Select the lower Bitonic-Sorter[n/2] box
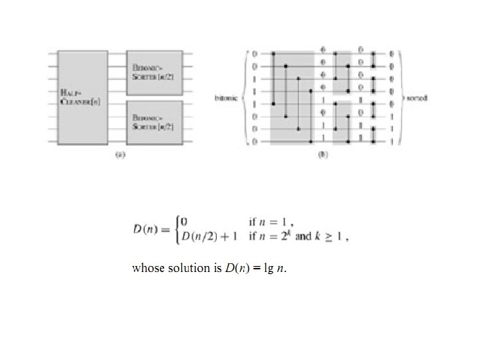coord(154,121)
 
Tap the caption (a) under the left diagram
coord(121,155)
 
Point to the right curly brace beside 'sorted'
coord(401,97)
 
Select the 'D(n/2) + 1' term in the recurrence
coord(211,237)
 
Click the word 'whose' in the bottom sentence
coord(148,269)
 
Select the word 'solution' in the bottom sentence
coord(187,269)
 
